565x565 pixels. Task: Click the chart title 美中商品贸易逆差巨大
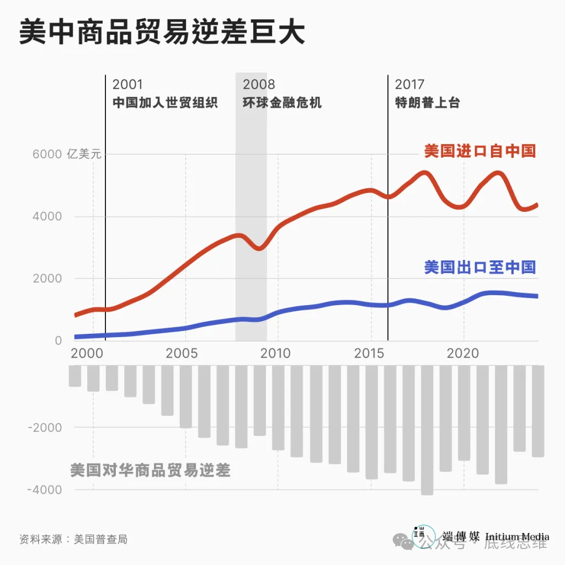pyautogui.click(x=162, y=34)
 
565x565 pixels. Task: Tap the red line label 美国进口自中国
pyautogui.click(x=479, y=151)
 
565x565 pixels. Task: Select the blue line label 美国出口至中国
pyautogui.click(x=479, y=267)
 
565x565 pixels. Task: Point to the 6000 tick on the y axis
pyautogui.click(x=47, y=154)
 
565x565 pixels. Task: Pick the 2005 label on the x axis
pyautogui.click(x=182, y=353)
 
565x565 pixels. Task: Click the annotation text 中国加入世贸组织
pyautogui.click(x=165, y=103)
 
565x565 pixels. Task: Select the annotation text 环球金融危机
pyautogui.click(x=282, y=103)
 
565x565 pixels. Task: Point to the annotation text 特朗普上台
pyautogui.click(x=427, y=103)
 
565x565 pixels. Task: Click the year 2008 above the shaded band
pyautogui.click(x=259, y=84)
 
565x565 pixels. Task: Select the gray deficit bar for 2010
pyautogui.click(x=278, y=407)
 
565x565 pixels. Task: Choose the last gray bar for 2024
pyautogui.click(x=538, y=411)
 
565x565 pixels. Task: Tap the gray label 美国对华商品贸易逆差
pyautogui.click(x=150, y=470)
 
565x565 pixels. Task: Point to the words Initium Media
pyautogui.click(x=517, y=536)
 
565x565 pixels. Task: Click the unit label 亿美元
pyautogui.click(x=84, y=154)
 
